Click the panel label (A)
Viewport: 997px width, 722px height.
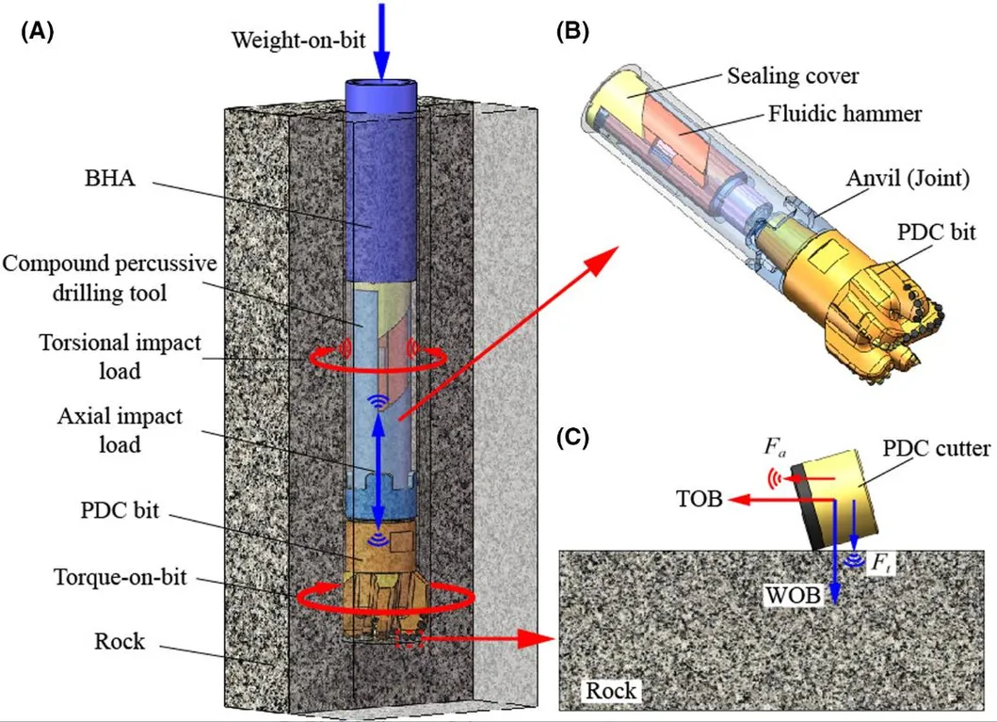[x=37, y=31]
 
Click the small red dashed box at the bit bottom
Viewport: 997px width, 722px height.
[x=410, y=639]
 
